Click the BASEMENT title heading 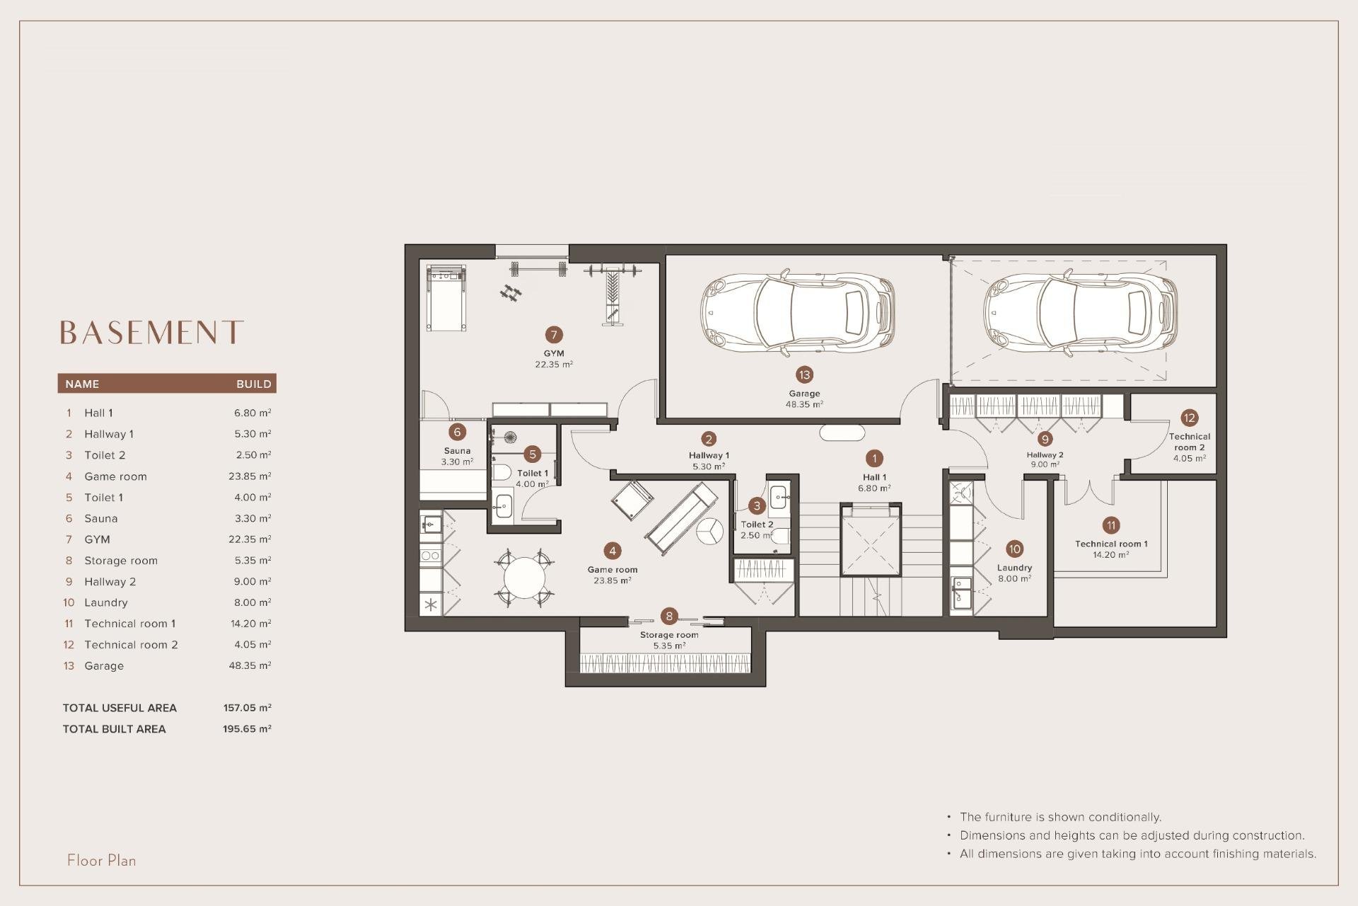[151, 332]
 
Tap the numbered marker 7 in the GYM [554, 335]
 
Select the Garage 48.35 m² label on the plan [804, 398]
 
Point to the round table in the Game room [524, 578]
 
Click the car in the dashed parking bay [1079, 311]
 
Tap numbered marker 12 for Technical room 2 [1189, 418]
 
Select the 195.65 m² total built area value [247, 728]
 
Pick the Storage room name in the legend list [120, 561]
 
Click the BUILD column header [253, 384]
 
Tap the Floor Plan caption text [102, 860]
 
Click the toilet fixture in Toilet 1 [501, 473]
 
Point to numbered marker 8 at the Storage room [669, 616]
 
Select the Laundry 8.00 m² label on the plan [1014, 573]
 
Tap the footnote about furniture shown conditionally [1060, 817]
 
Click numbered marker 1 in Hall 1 [874, 459]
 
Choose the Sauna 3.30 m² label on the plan [457, 456]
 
